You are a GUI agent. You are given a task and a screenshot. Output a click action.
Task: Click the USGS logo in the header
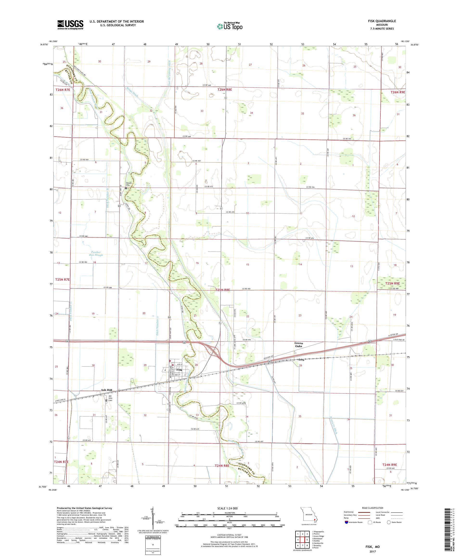70,25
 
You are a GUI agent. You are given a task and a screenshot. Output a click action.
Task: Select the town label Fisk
179,370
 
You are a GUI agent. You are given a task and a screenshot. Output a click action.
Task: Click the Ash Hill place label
106,390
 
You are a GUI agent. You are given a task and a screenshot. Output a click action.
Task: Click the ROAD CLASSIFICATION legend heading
372,508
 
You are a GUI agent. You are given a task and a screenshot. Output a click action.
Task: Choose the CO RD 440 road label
207,85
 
